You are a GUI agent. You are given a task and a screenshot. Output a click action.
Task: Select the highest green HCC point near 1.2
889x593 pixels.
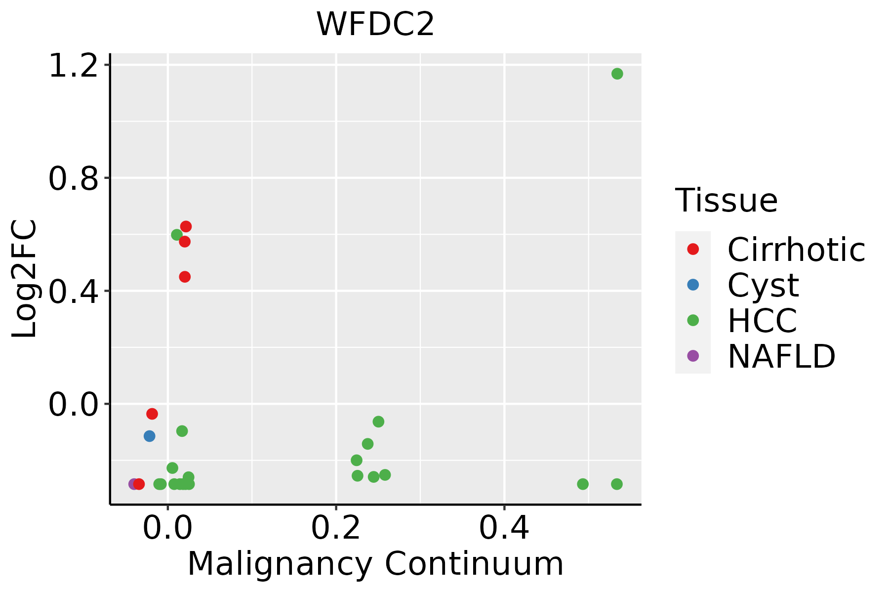(617, 74)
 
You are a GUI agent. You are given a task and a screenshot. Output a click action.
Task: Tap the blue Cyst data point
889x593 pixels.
(149, 436)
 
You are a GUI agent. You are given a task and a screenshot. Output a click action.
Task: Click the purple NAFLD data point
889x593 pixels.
(133, 484)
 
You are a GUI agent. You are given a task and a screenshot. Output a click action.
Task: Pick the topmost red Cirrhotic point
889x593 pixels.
(186, 226)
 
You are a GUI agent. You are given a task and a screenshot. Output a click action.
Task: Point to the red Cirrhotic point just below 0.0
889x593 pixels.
(152, 414)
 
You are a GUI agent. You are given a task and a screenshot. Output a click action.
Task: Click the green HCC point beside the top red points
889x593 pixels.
(176, 235)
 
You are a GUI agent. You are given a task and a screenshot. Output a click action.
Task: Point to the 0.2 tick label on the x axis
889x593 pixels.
(336, 528)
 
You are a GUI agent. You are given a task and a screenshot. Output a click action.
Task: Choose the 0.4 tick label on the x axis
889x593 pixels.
(504, 528)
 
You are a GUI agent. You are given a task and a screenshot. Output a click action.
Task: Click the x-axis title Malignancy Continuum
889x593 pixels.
(375, 564)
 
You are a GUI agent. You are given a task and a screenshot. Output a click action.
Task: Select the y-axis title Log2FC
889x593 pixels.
(25, 279)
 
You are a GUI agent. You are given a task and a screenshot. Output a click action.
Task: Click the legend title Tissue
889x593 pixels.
(726, 201)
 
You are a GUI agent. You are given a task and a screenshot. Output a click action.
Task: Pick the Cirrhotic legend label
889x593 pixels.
(796, 250)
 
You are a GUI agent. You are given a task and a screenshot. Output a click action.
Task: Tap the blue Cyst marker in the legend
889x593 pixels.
(693, 285)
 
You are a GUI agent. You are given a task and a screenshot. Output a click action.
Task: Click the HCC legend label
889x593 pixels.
(762, 320)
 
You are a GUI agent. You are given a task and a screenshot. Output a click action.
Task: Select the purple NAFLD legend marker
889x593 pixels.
(693, 355)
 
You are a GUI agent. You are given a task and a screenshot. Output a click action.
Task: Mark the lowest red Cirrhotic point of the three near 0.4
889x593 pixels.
(185, 277)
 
